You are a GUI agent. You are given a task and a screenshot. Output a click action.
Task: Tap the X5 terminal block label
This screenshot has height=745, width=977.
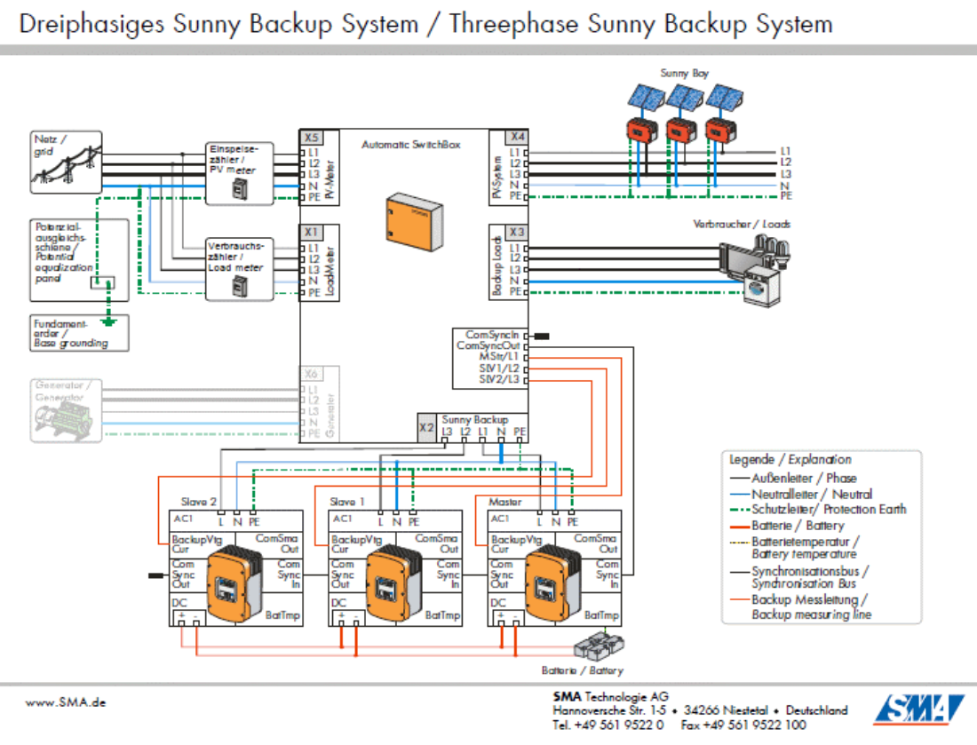click(x=310, y=139)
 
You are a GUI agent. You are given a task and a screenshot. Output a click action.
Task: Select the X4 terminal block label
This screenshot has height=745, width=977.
click(x=518, y=137)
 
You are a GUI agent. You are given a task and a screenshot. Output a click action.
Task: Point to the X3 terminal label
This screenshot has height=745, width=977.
click(x=518, y=233)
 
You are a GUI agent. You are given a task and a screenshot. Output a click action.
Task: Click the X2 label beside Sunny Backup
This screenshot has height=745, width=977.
click(x=427, y=426)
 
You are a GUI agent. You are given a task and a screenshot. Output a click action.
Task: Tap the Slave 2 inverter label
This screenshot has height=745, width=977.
click(x=199, y=502)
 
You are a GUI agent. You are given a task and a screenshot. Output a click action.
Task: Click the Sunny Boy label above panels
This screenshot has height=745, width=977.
click(x=684, y=73)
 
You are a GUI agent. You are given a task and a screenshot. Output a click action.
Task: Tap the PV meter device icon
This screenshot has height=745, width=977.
click(x=239, y=188)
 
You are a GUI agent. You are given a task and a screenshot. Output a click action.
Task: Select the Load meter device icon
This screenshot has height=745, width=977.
click(x=239, y=286)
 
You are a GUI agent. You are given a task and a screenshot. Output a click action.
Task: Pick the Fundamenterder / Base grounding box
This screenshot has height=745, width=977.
click(x=78, y=332)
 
